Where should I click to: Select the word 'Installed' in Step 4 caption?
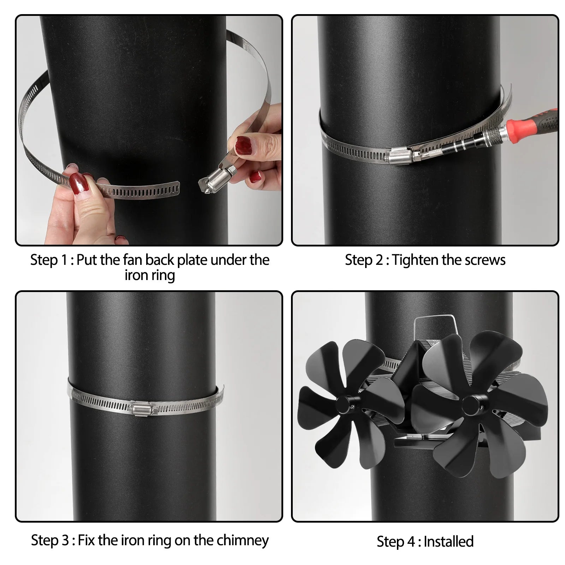click(x=448, y=541)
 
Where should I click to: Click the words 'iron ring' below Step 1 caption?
click(x=150, y=275)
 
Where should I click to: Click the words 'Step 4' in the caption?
click(x=396, y=542)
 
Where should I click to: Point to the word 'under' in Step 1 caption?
click(x=229, y=260)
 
